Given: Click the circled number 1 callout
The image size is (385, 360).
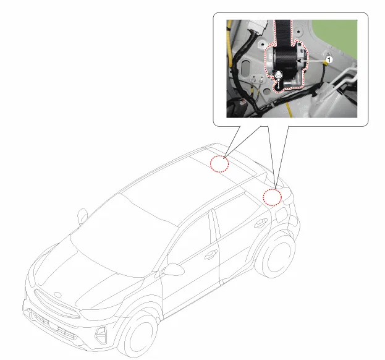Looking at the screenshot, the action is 329,60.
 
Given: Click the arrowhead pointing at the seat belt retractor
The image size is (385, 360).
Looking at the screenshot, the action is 299,61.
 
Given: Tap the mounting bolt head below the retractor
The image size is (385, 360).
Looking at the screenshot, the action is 279,74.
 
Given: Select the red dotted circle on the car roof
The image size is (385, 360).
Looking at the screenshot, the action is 219,164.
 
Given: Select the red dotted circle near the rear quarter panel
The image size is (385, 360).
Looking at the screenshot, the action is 273,197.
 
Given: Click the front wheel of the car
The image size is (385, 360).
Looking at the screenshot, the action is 139,335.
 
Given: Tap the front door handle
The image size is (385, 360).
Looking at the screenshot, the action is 211,255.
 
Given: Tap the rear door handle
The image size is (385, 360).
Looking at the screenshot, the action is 260,223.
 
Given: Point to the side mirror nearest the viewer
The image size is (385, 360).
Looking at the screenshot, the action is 174,269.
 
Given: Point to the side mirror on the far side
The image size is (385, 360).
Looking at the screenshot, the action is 83,215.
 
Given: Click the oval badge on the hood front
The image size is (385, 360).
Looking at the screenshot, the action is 57,294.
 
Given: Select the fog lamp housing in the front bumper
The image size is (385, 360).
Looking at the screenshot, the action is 101,334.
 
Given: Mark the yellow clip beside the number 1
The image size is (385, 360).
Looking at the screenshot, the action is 325,64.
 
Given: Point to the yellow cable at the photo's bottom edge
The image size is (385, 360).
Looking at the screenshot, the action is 289,110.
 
